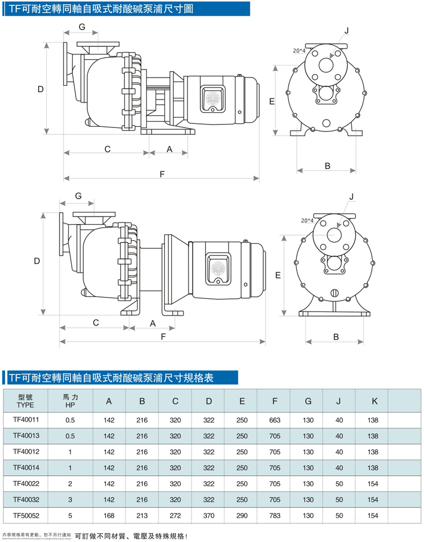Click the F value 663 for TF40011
coord(275,420)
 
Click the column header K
coord(374,401)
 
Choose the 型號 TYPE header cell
coord(26,401)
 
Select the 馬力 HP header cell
coord(70,401)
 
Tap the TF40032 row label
coord(26,499)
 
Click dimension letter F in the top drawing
coord(162,174)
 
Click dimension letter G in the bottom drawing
coord(78,196)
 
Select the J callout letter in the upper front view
coord(346,30)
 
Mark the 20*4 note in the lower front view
coord(307,221)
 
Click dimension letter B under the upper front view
coord(327,166)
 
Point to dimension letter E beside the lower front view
coord(278,276)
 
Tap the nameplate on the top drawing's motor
coord(210,99)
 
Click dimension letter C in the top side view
coord(108,149)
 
